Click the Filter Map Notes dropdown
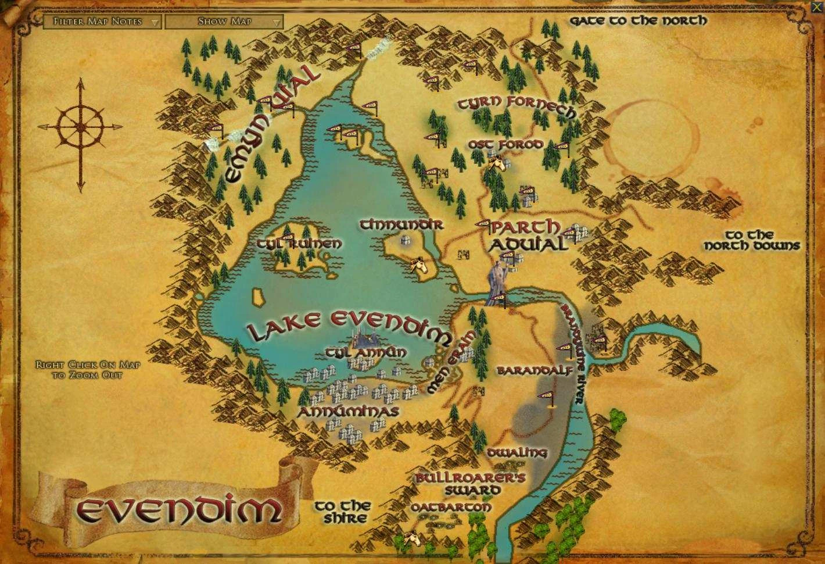pyautogui.click(x=103, y=22)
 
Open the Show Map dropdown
pyautogui.click(x=224, y=22)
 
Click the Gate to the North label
pyautogui.click(x=638, y=21)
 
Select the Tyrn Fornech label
pyautogui.click(x=516, y=105)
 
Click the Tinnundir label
pyautogui.click(x=401, y=224)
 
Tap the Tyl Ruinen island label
pyautogui.click(x=300, y=244)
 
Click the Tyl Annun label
pyautogui.click(x=366, y=352)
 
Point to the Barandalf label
pyautogui.click(x=535, y=370)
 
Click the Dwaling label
pyautogui.click(x=517, y=452)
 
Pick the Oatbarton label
pyautogui.click(x=451, y=508)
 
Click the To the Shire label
pyautogui.click(x=342, y=512)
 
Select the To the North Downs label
pyautogui.click(x=752, y=240)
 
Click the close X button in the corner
pyautogui.click(x=818, y=6)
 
